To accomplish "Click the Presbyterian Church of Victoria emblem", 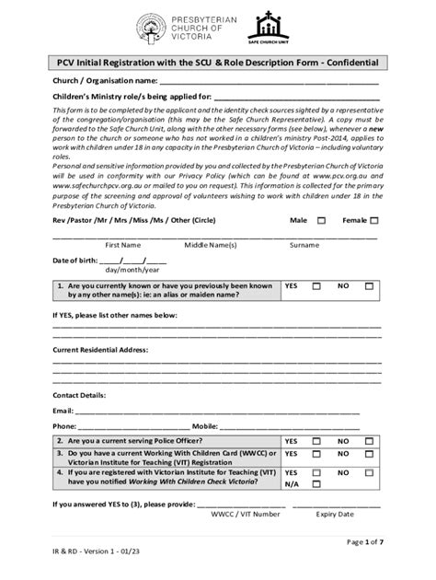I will [152, 29].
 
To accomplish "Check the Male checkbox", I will [321, 221].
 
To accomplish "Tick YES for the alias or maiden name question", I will [316, 286].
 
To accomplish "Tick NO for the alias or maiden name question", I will [369, 286].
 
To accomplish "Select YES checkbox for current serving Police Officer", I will [316, 441].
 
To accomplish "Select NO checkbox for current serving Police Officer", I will [369, 441].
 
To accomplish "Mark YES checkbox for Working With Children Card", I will [316, 454].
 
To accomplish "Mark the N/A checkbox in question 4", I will [316, 483].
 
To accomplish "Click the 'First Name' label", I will [122, 246].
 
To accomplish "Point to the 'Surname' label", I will [304, 246].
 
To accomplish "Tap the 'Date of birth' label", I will [75, 261].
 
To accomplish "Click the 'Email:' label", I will [63, 410].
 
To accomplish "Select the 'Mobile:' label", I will [205, 426].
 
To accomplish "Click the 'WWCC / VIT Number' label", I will [245, 515].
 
